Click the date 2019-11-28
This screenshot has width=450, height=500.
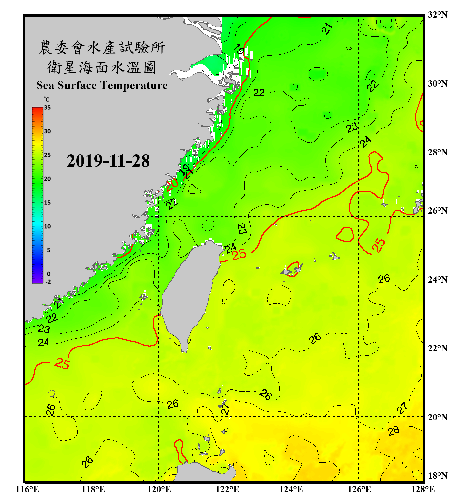108,161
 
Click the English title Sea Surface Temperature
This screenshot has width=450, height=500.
102,85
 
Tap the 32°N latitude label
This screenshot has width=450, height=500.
437,15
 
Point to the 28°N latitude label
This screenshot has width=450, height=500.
437,152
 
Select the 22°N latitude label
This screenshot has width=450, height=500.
437,348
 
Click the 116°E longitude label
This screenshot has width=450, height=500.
27,489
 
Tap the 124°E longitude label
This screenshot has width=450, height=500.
291,489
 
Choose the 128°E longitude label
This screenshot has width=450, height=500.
423,489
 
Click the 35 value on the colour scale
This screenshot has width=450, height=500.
47,108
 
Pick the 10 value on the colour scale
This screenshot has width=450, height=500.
47,226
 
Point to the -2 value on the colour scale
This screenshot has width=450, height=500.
48,282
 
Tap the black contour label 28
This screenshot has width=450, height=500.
394,431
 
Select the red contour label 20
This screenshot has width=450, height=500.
172,184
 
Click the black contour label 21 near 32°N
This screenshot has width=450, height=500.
327,29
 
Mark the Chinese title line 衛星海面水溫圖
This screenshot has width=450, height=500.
102,68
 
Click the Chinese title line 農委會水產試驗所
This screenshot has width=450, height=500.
102,48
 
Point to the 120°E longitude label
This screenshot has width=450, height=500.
159,489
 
